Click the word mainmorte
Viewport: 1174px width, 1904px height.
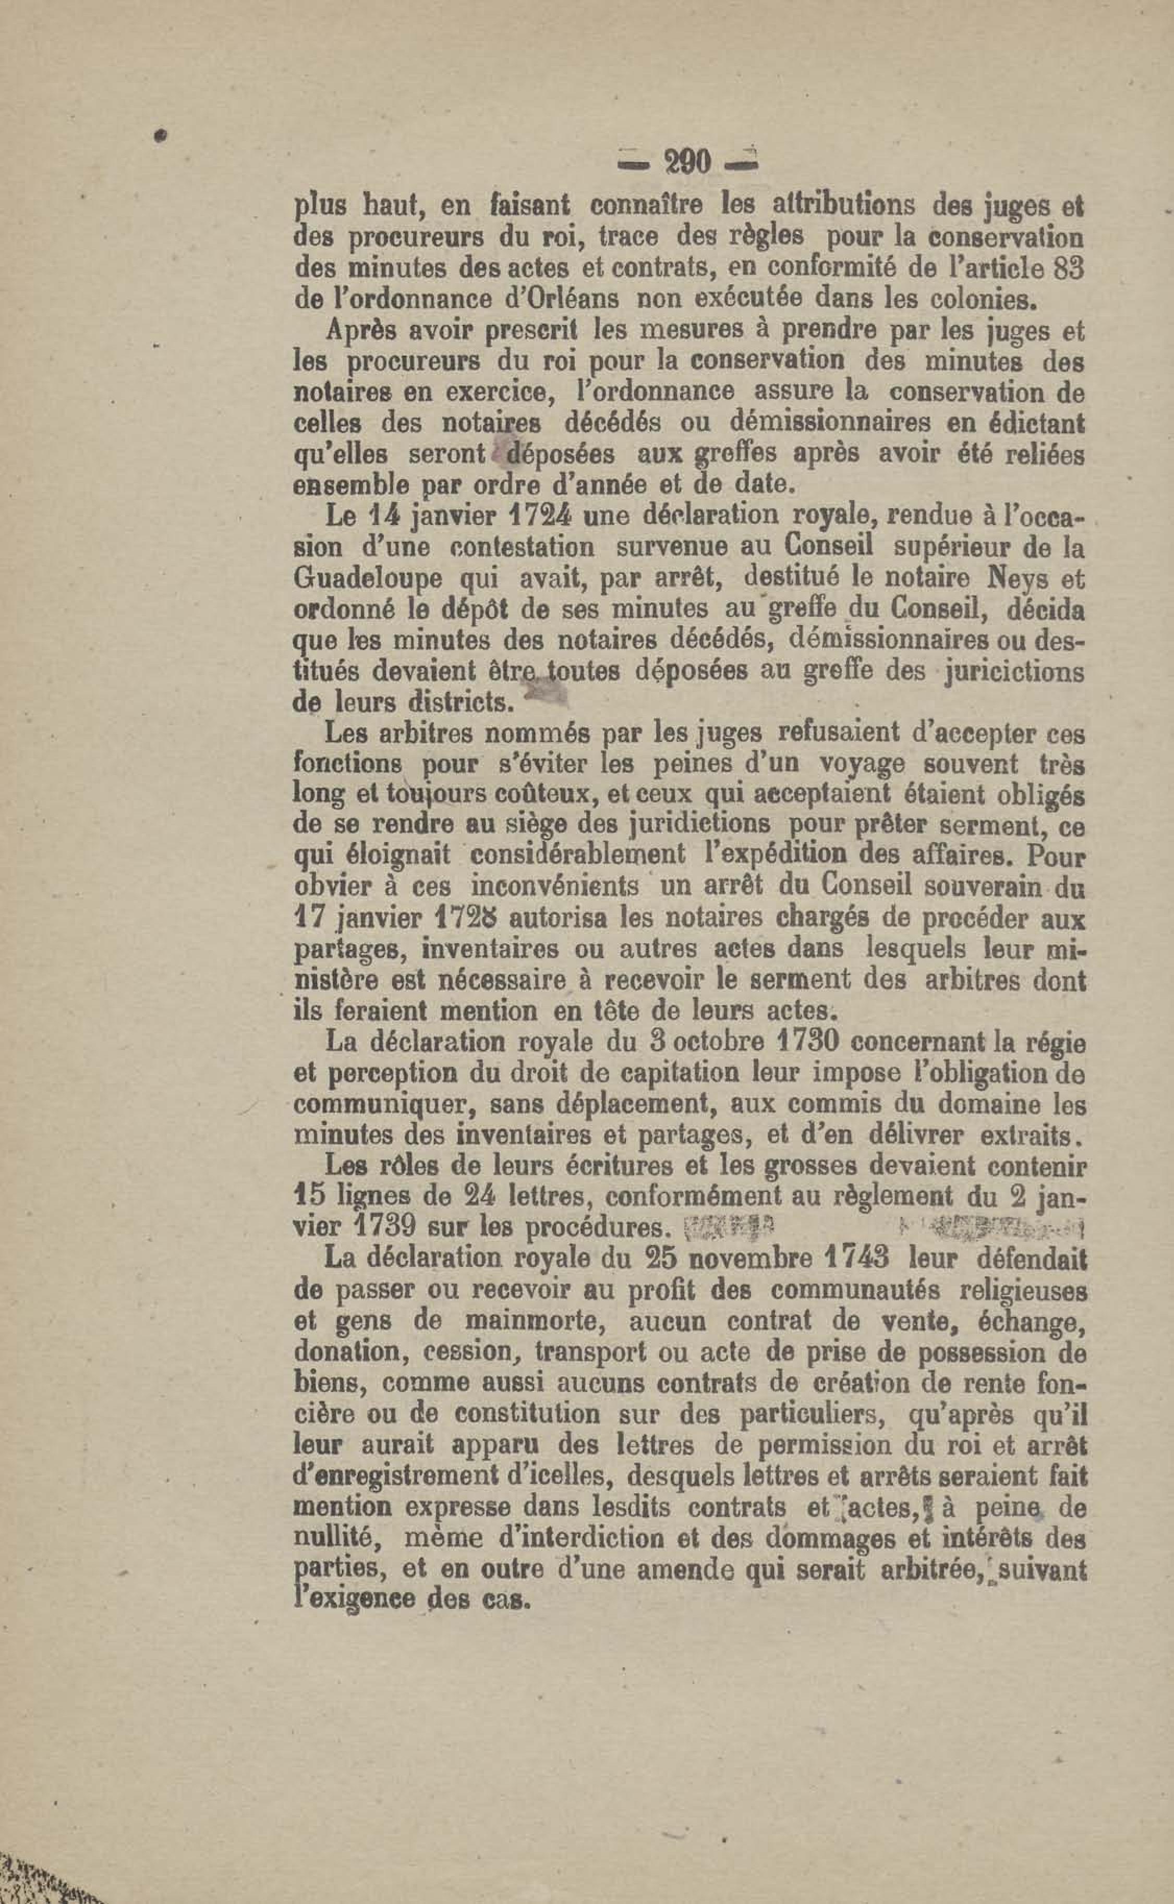[536, 1320]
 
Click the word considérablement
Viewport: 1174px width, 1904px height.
[578, 856]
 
